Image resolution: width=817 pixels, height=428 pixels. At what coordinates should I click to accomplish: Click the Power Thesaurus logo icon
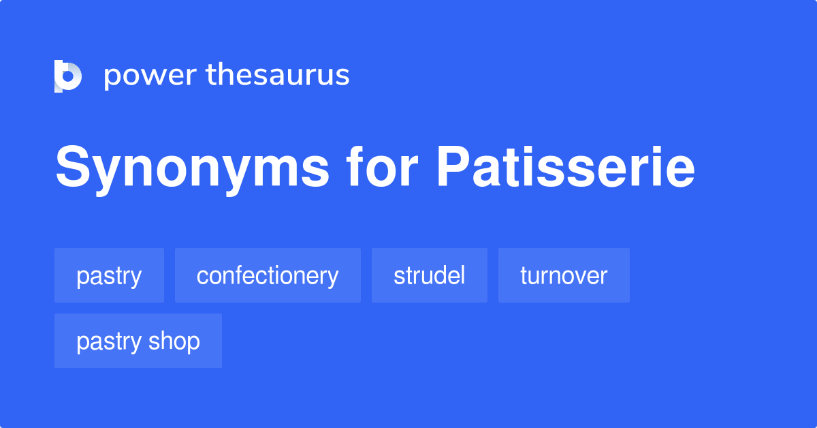pos(68,76)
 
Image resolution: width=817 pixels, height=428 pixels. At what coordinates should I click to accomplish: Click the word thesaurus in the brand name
pos(278,75)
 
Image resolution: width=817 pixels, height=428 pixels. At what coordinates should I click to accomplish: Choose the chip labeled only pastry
pos(109,275)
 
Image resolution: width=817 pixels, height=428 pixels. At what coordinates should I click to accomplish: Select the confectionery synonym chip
pos(268,275)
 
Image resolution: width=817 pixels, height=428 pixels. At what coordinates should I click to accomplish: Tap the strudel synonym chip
pos(430,275)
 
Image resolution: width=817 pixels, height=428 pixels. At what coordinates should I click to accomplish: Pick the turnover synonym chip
pos(564,275)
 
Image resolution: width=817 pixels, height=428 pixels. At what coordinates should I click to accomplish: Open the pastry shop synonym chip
pos(138,341)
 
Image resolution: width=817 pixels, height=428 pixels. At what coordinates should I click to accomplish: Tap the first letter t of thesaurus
pos(212,75)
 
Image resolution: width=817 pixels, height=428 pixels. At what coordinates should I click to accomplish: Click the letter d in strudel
pos(445,275)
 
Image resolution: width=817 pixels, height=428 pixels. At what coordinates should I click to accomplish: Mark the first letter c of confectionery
pos(202,277)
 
